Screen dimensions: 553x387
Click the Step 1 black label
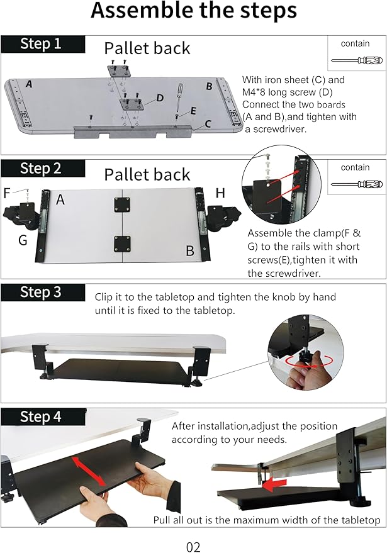click(42, 43)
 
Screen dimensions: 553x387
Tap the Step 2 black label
click(42, 168)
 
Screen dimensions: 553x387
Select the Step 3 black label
click(42, 292)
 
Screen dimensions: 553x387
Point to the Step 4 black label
click(42, 416)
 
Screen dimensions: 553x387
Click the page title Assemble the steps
click(193, 11)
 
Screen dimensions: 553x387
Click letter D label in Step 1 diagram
click(160, 98)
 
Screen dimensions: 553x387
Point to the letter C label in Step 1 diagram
click(207, 125)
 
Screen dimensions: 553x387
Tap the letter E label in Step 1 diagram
click(193, 111)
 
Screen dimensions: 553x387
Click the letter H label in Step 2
click(220, 194)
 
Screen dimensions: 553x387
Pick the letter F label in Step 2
click(7, 193)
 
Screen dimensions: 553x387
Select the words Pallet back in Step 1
click(147, 48)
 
